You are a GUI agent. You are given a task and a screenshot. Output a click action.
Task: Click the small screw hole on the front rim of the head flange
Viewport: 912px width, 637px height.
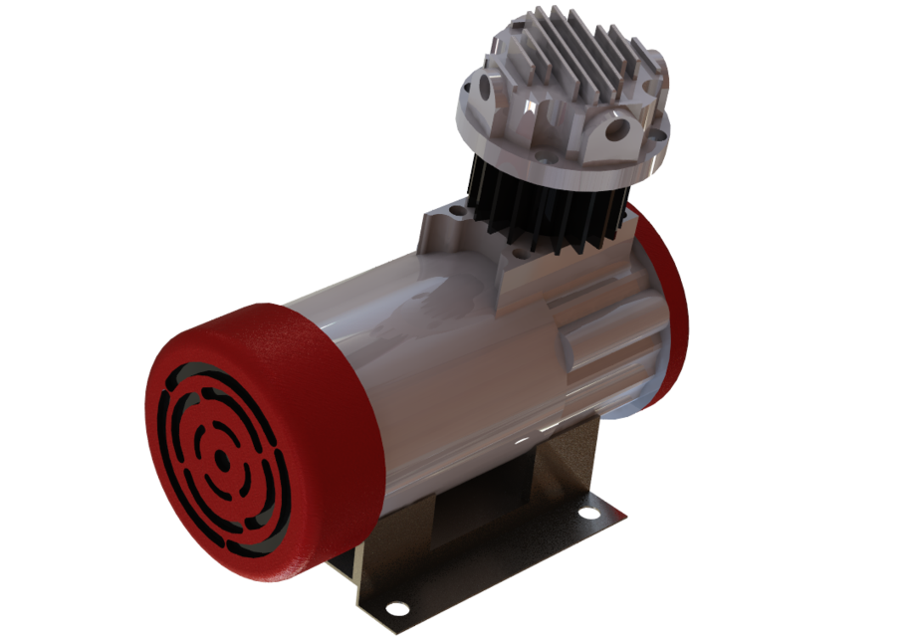pos(545,156)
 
